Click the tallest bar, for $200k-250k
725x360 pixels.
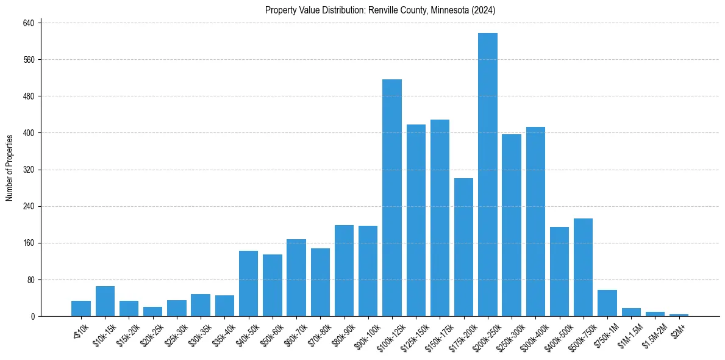click(487, 175)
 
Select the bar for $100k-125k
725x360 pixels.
click(391, 198)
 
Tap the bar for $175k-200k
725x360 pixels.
click(463, 247)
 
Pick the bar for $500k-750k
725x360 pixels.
click(583, 267)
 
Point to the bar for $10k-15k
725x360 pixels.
click(105, 301)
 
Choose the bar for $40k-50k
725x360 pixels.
click(248, 284)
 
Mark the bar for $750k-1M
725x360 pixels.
click(607, 303)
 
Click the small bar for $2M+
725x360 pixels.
click(679, 315)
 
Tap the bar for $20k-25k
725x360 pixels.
click(152, 312)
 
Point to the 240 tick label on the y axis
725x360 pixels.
click(30, 206)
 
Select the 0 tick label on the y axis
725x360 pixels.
click(34, 317)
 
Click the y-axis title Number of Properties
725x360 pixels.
click(10, 167)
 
